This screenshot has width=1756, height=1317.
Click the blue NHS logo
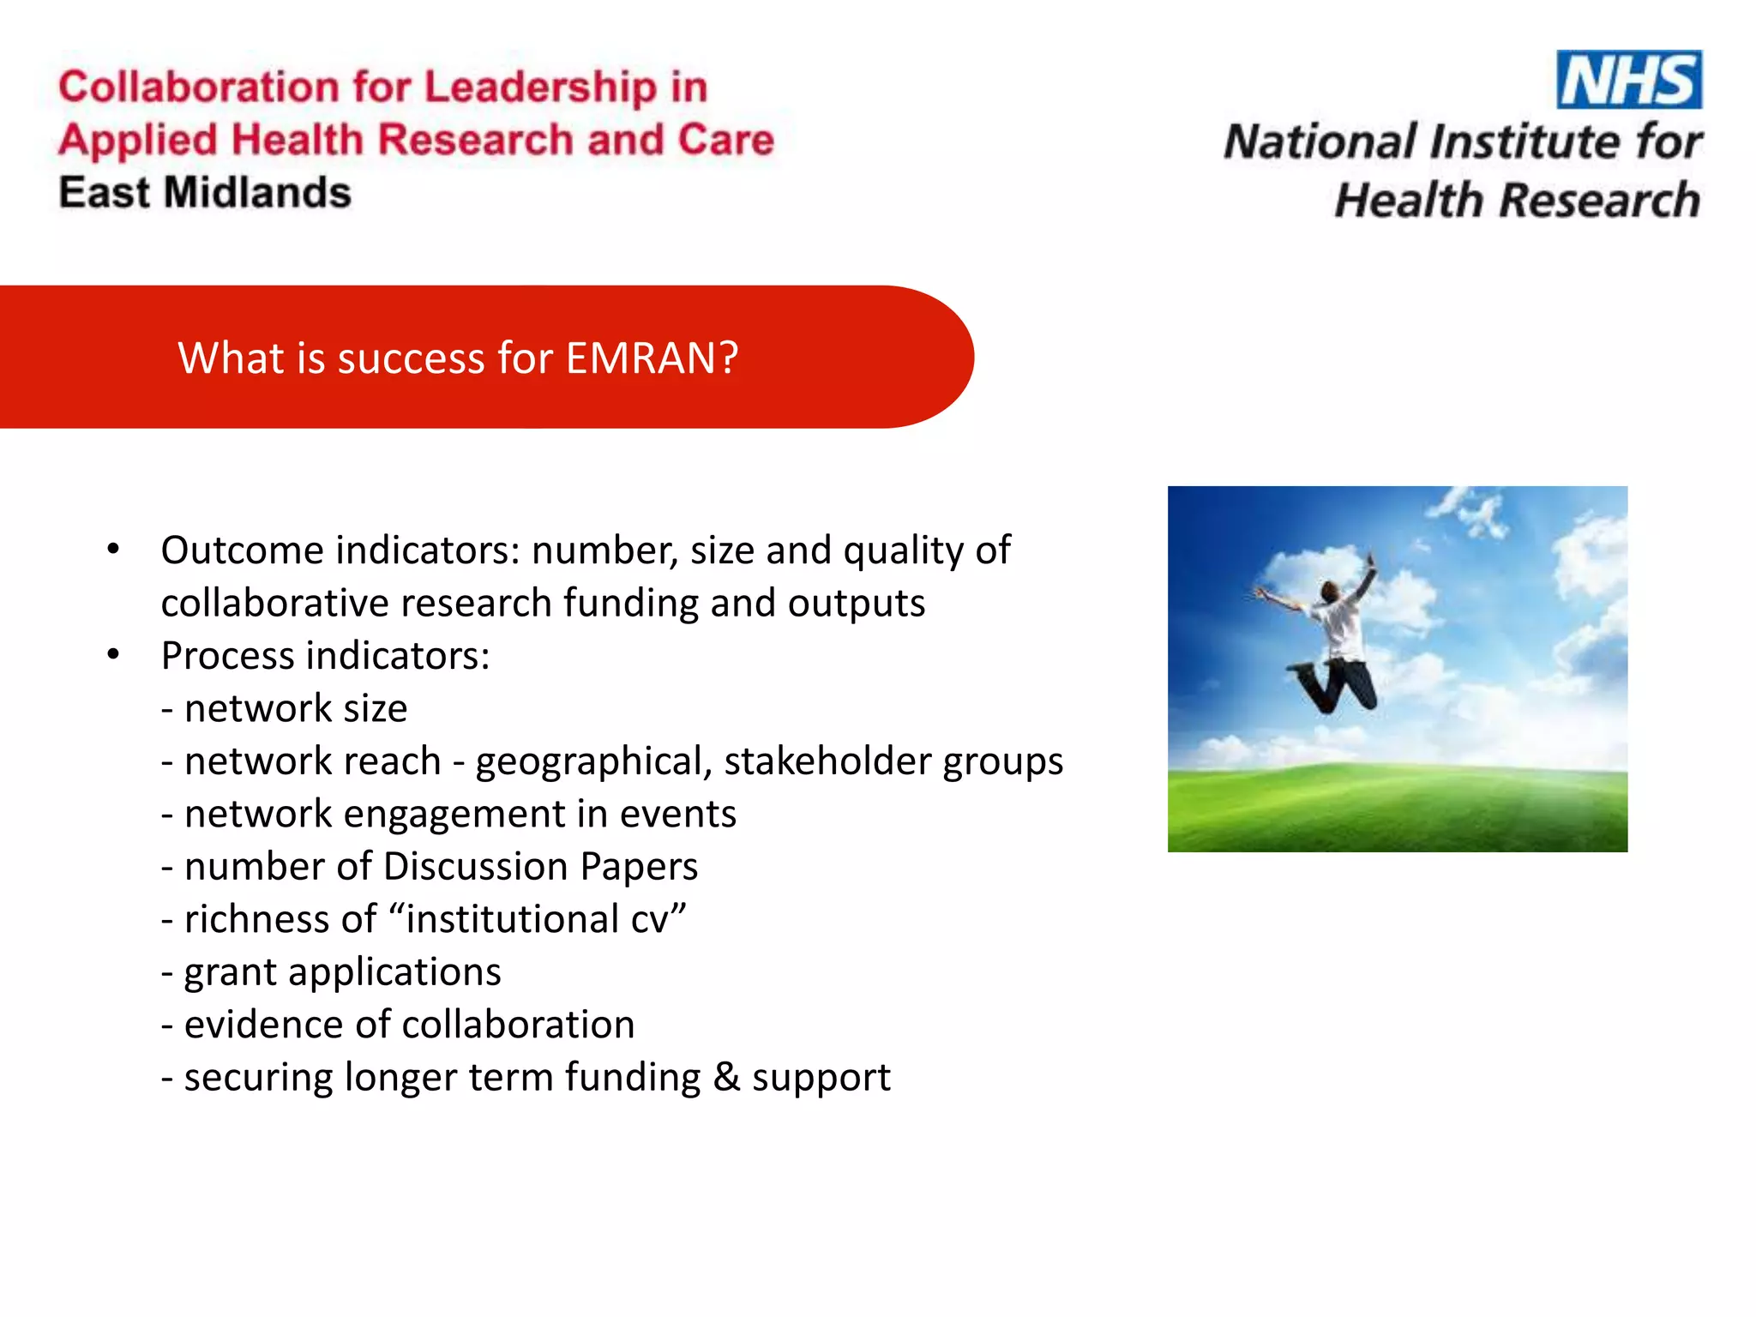click(1628, 80)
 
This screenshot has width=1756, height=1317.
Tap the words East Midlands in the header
click(205, 193)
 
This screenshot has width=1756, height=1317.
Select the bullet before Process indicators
click(113, 656)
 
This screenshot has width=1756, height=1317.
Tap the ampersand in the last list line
click(726, 1078)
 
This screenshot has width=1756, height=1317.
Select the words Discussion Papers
click(540, 867)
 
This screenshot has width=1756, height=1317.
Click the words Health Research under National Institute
click(1517, 201)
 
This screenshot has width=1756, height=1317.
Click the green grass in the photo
click(1397, 810)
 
